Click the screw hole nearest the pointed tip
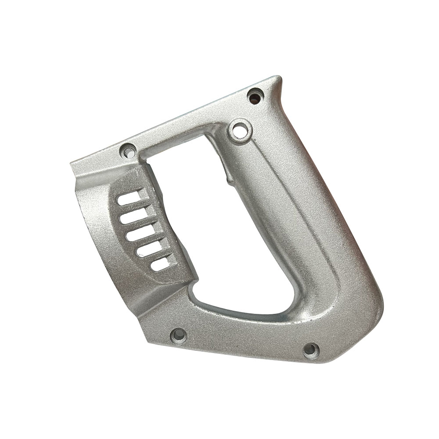[x=254, y=95]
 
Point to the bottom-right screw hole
[x=311, y=350]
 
